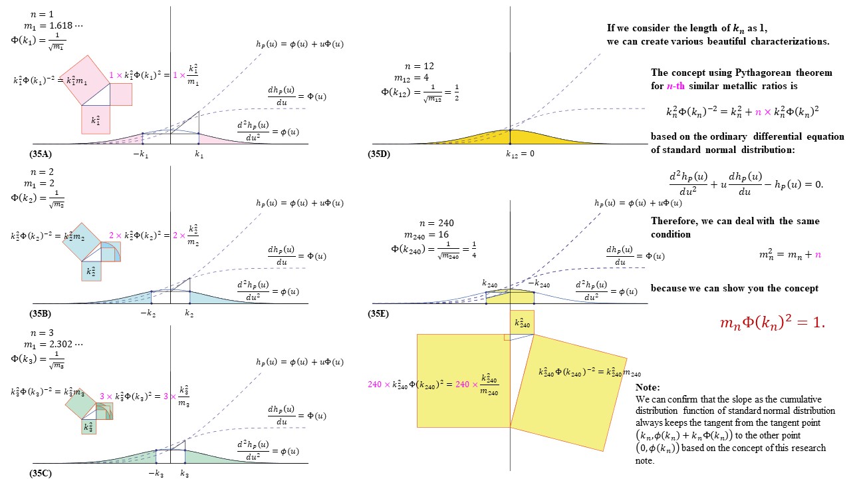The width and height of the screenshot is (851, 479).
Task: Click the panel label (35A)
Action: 41,154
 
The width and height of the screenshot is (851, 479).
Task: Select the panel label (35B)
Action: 41,313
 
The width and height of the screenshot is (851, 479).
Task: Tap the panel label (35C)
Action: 41,473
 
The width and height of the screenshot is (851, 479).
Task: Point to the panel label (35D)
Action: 381,154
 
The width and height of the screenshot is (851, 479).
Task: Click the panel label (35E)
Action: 381,313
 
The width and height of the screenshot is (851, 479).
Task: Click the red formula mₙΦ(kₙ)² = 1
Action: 772,323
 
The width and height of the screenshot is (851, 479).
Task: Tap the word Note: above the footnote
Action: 648,387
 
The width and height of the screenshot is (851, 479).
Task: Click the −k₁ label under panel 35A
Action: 142,154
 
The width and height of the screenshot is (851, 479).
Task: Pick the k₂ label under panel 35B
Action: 189,313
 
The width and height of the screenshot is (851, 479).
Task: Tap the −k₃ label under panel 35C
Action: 155,473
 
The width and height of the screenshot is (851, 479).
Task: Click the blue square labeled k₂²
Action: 92,271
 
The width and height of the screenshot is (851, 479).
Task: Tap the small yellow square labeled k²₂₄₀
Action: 522,323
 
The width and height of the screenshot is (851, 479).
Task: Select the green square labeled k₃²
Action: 88,426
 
